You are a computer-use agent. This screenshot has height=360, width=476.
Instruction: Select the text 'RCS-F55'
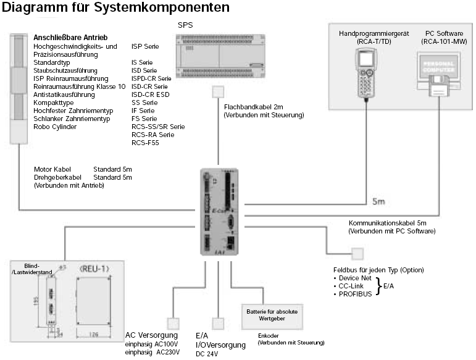click(145, 143)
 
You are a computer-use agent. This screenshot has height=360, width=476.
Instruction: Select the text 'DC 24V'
click(206, 354)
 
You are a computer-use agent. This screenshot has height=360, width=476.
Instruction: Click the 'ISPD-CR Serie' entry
click(151, 78)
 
